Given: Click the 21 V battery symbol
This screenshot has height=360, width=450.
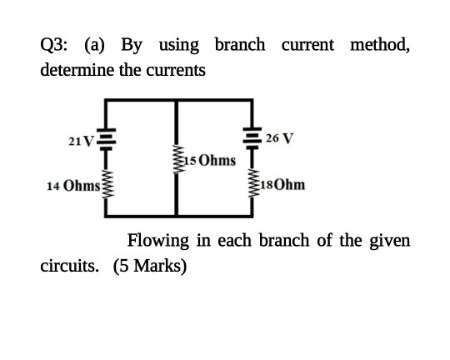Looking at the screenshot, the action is pos(106,139).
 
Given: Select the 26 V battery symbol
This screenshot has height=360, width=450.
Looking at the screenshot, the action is pos(252,138).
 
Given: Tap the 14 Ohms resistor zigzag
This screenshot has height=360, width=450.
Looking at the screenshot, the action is pos(106,184).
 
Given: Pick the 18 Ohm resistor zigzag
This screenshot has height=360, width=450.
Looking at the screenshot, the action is pos(252,182).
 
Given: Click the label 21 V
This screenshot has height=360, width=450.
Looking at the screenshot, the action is pos(81,141).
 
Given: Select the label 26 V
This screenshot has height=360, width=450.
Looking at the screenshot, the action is pos(279,138).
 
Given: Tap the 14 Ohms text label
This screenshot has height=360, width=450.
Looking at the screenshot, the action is pos(73,186).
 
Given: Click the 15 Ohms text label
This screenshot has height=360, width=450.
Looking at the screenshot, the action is pos(210,161).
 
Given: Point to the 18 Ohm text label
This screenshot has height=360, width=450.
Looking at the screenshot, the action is pos(282,185).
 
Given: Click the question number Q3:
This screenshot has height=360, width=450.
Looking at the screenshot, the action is pos(53,46).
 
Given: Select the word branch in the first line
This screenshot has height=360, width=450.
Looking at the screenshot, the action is pos(240,45).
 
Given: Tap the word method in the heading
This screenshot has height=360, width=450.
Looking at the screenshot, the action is pos(380,45).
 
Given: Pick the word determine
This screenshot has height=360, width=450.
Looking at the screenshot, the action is pos(77,70).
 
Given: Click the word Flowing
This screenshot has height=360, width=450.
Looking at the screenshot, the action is pos(158,242).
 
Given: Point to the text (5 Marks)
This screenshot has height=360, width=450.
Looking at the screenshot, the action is pos(150,267).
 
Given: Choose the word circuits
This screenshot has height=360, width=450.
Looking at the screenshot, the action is pos(70,266).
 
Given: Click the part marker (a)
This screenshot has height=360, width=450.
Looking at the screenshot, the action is pos(95,46).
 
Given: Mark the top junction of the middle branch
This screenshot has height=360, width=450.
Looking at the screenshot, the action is pos(176,100).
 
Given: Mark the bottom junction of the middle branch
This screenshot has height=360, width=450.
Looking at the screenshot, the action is pos(176,216).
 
